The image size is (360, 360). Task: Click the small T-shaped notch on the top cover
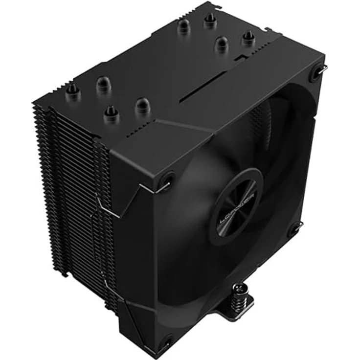(x=240, y=58)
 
